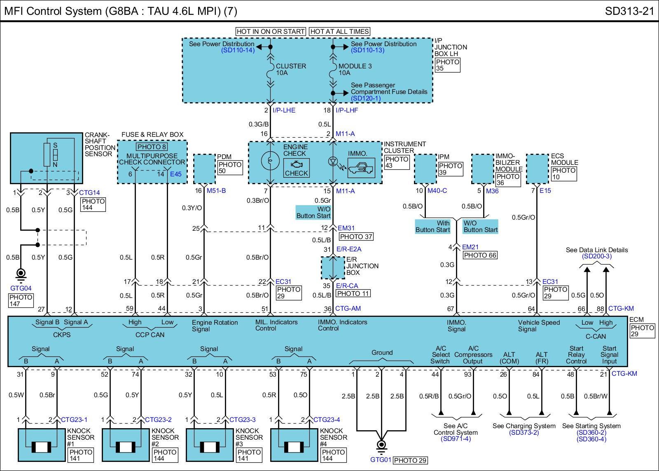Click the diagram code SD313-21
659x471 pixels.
click(x=629, y=11)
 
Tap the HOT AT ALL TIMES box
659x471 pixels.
click(x=339, y=31)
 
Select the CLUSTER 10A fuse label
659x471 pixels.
click(x=291, y=69)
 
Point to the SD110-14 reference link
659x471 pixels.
click(x=238, y=50)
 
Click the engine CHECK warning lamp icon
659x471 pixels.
click(x=296, y=168)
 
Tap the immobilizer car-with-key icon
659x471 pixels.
click(x=361, y=169)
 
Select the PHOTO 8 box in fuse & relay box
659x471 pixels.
click(x=152, y=147)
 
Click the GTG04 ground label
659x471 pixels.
click(x=21, y=288)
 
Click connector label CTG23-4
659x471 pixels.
click(x=327, y=420)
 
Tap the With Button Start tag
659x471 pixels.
click(x=432, y=226)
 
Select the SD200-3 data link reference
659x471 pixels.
click(x=596, y=256)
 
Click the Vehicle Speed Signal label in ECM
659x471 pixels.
click(x=539, y=326)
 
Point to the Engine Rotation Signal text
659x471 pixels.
click(x=215, y=326)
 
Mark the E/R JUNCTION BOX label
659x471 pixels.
click(x=359, y=266)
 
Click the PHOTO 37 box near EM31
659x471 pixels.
click(x=356, y=237)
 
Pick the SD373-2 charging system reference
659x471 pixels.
click(x=524, y=432)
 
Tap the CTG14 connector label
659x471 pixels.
click(x=89, y=192)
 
